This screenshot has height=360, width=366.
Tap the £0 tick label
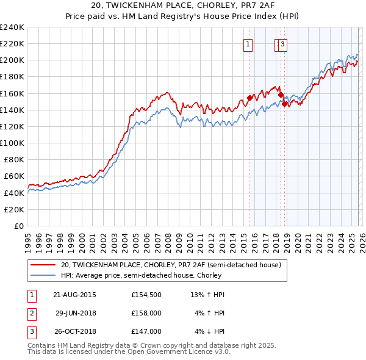pyautogui.click(x=19, y=226)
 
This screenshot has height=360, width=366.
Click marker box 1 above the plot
pyautogui.click(x=249, y=43)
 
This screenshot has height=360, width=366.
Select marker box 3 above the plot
pyautogui.click(x=284, y=43)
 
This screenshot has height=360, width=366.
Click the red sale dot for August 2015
pyautogui.click(x=249, y=98)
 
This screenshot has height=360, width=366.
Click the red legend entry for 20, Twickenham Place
pyautogui.click(x=171, y=265)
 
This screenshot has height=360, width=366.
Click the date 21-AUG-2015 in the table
pyautogui.click(x=74, y=295)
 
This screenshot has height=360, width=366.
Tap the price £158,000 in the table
pyautogui.click(x=146, y=313)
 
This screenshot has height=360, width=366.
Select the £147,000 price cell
pyautogui.click(x=146, y=331)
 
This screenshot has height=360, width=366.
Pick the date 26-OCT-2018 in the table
pyautogui.click(x=74, y=331)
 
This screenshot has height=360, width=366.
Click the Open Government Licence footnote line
pyautogui.click(x=129, y=352)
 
